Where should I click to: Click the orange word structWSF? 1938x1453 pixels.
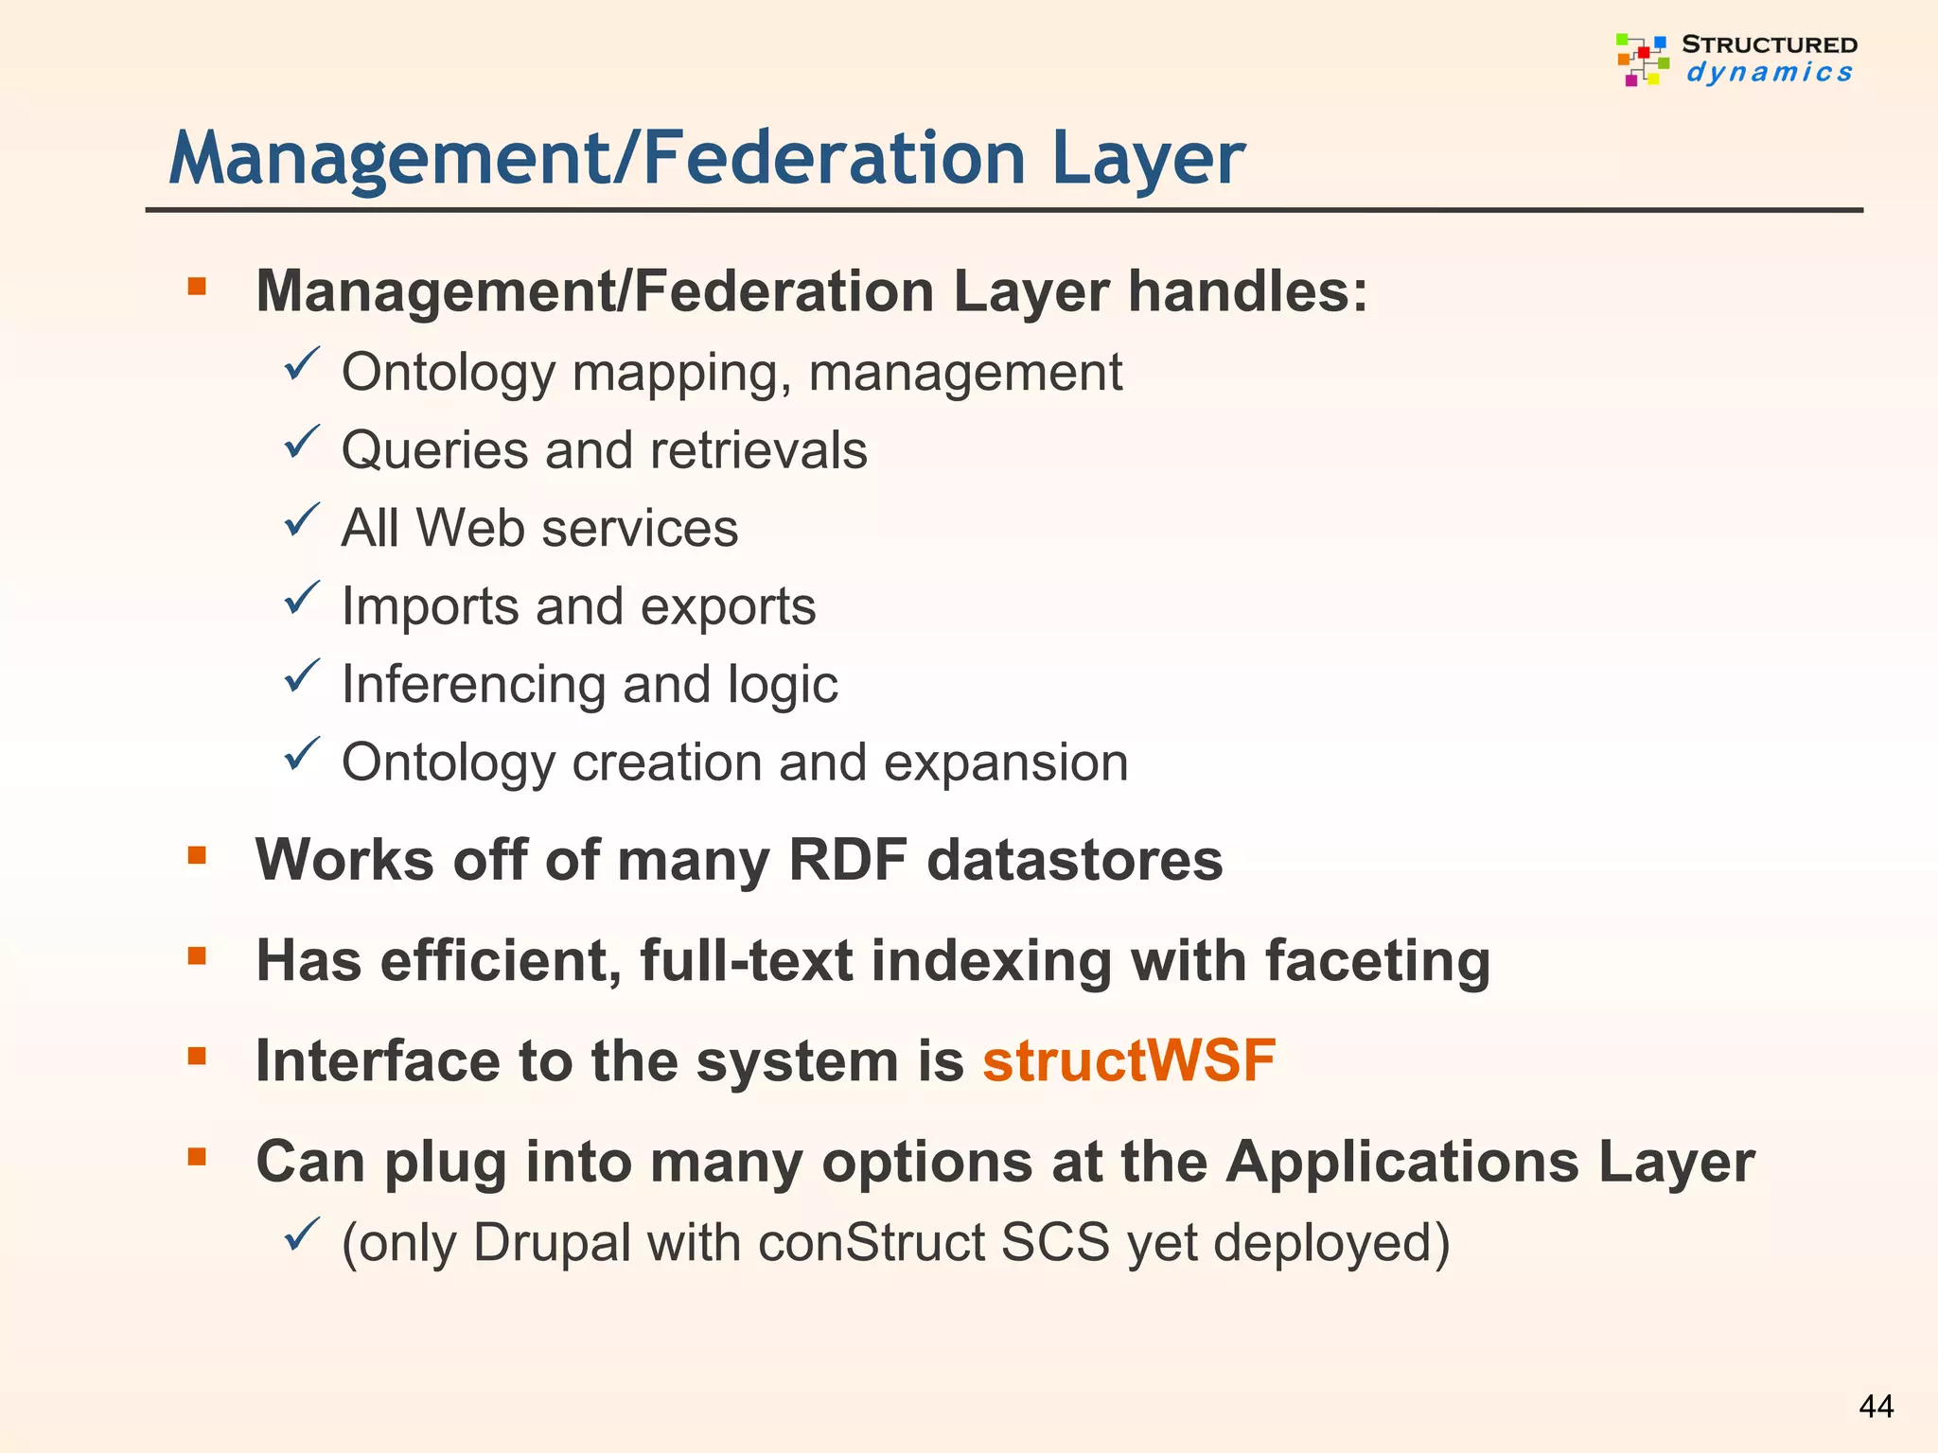(x=1129, y=1060)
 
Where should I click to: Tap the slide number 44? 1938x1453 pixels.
(x=1876, y=1407)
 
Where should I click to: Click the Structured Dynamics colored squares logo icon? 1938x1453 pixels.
(x=1642, y=60)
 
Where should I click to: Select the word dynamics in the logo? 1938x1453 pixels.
(x=1769, y=73)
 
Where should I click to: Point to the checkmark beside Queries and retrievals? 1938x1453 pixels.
(x=302, y=443)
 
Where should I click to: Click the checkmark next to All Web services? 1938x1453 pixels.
(x=302, y=521)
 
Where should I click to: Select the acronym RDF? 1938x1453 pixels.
(x=847, y=860)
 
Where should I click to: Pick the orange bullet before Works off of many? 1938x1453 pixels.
(x=197, y=856)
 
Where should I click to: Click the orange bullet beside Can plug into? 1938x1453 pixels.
(x=197, y=1156)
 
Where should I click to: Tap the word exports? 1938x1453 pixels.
(x=728, y=606)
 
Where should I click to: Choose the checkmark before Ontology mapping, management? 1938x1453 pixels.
(x=302, y=365)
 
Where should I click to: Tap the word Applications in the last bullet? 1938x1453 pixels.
(x=1403, y=1162)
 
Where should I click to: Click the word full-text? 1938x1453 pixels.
(x=747, y=961)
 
